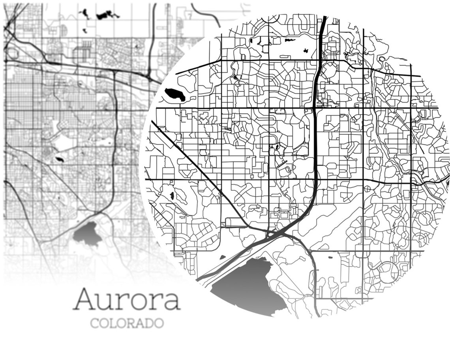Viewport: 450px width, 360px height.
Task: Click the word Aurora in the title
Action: [127, 300]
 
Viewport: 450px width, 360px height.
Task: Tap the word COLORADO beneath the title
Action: [127, 323]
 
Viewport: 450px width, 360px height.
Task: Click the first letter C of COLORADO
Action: [94, 323]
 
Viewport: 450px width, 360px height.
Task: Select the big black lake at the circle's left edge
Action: [174, 94]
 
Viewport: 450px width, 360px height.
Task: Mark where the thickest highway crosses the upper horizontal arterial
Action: [314, 107]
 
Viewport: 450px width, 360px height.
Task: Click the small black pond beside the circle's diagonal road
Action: [172, 195]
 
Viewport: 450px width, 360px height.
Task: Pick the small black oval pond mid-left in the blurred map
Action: [60, 159]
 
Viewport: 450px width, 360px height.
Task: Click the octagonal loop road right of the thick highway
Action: [328, 71]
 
